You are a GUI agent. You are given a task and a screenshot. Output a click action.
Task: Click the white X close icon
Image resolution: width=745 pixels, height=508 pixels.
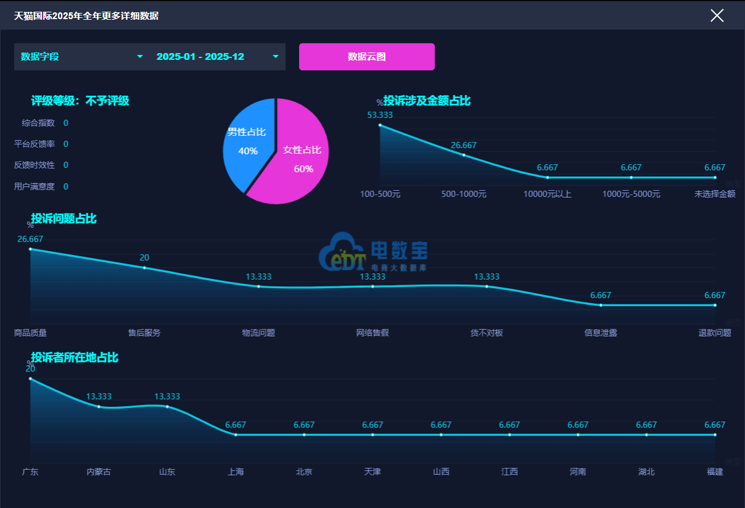(717, 15)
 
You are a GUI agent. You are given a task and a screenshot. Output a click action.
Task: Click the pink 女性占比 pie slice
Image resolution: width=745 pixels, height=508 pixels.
(299, 157)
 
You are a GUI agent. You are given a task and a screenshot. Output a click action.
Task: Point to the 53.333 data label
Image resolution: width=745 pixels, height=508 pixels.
(380, 115)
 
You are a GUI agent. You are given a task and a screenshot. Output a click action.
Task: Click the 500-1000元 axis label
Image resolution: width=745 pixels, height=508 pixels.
(464, 194)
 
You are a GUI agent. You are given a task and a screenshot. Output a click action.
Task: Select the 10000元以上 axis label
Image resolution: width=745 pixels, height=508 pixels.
(548, 194)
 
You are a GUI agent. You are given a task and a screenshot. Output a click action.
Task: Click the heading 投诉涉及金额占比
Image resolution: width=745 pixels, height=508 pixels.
(427, 101)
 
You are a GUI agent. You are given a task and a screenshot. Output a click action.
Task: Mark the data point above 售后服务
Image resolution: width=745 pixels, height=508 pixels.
(144, 268)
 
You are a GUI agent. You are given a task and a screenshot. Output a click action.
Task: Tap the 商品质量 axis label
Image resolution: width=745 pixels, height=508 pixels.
(30, 333)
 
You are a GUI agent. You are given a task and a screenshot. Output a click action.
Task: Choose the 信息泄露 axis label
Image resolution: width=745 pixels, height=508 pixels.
(601, 333)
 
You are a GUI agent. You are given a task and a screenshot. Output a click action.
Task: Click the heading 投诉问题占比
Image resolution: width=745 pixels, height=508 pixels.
(64, 219)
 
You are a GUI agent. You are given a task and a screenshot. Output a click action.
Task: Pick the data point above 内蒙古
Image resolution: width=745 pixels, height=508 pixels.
(99, 407)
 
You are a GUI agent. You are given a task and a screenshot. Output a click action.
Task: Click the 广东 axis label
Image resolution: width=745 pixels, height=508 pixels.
(30, 472)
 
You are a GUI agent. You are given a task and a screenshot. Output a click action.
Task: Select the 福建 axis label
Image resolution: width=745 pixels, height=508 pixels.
(715, 472)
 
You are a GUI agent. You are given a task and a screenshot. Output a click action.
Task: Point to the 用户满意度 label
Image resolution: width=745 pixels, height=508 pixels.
(35, 186)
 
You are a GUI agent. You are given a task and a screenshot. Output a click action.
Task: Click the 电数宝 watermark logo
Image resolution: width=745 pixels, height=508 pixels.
(373, 252)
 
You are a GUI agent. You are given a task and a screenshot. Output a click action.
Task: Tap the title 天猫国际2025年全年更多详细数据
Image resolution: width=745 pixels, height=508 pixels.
(86, 15)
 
